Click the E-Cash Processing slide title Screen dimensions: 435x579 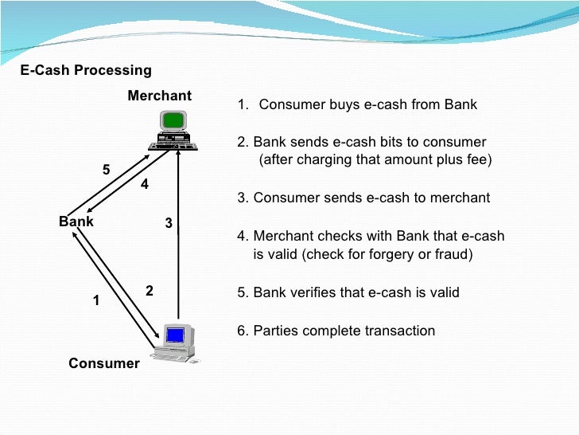[x=85, y=70]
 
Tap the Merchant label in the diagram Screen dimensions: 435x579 [x=159, y=96]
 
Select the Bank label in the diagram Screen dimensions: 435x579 [x=76, y=221]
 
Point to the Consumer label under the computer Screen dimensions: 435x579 [x=103, y=363]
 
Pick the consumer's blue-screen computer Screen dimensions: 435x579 [x=174, y=341]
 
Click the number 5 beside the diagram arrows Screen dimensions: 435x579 [x=106, y=170]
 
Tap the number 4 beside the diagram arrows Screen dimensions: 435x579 [x=145, y=184]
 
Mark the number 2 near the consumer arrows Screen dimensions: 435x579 [x=150, y=291]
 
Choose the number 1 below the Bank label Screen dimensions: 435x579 [x=96, y=301]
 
